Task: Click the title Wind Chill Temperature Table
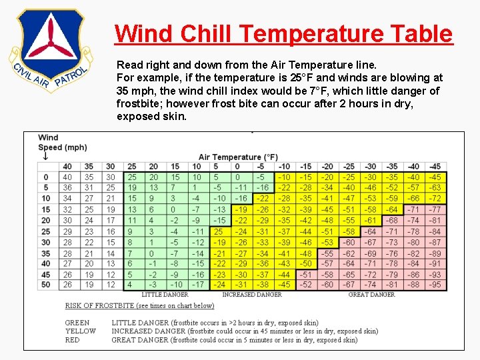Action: point(283,33)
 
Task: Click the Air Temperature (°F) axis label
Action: point(238,157)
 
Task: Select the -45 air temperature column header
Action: point(435,166)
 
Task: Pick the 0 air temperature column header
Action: point(237,166)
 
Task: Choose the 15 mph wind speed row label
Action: point(45,209)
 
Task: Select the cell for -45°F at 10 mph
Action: point(435,199)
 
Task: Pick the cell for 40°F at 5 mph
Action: point(67,188)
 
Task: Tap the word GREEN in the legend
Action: point(77,323)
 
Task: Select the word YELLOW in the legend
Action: point(80,331)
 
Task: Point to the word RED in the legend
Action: point(73,340)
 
